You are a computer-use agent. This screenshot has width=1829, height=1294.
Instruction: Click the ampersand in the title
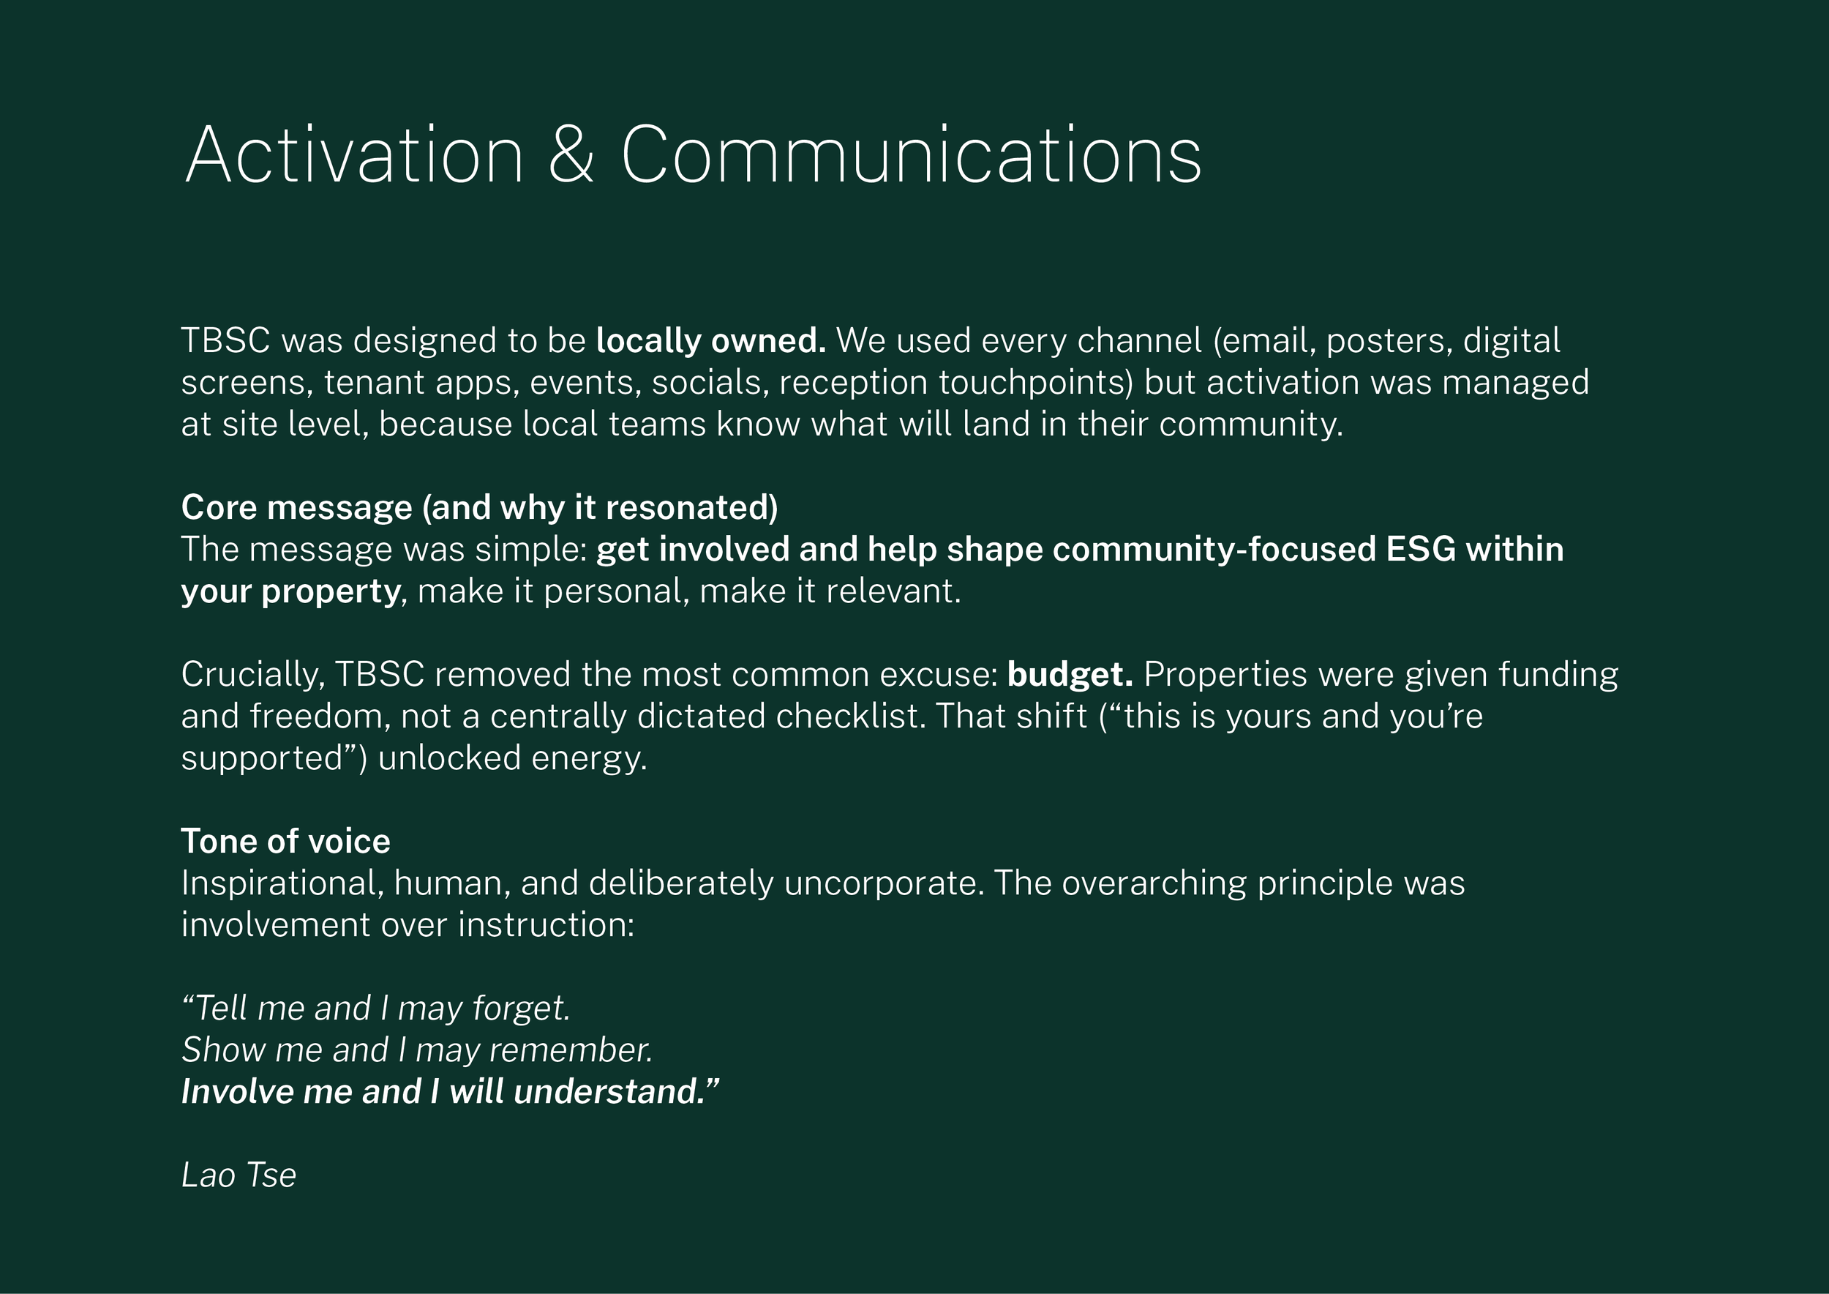tap(571, 155)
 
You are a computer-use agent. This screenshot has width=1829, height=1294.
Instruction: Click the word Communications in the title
tap(911, 155)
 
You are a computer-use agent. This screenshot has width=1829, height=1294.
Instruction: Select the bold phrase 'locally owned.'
tap(710, 341)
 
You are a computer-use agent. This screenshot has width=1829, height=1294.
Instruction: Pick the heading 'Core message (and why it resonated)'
tap(479, 507)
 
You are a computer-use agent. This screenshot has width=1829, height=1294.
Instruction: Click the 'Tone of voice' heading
tap(285, 842)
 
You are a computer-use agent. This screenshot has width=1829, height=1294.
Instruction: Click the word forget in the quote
tap(522, 1009)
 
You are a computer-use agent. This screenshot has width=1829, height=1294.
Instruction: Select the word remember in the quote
tap(571, 1050)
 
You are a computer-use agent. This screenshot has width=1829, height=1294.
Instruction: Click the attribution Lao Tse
tap(239, 1175)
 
